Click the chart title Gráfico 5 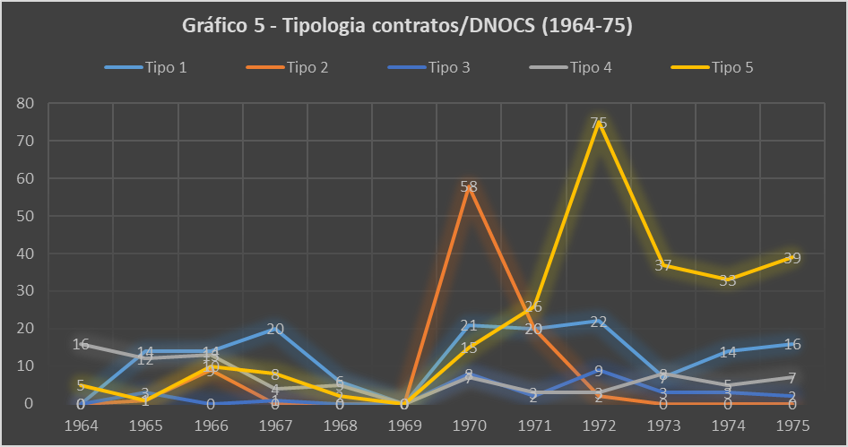click(x=408, y=26)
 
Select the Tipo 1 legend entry click(x=166, y=67)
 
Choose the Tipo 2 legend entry click(x=307, y=67)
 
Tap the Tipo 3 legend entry click(x=449, y=67)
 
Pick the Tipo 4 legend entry click(x=591, y=67)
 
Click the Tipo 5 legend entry click(x=732, y=67)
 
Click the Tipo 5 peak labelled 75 click(x=599, y=123)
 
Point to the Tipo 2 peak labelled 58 click(x=469, y=186)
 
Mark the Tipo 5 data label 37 click(x=663, y=265)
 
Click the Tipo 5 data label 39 click(x=792, y=258)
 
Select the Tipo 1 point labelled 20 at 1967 click(x=275, y=329)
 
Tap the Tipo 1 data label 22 click(x=599, y=322)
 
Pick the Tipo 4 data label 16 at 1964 click(x=81, y=344)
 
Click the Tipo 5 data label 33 click(x=728, y=280)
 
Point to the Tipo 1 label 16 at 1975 click(x=792, y=344)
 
